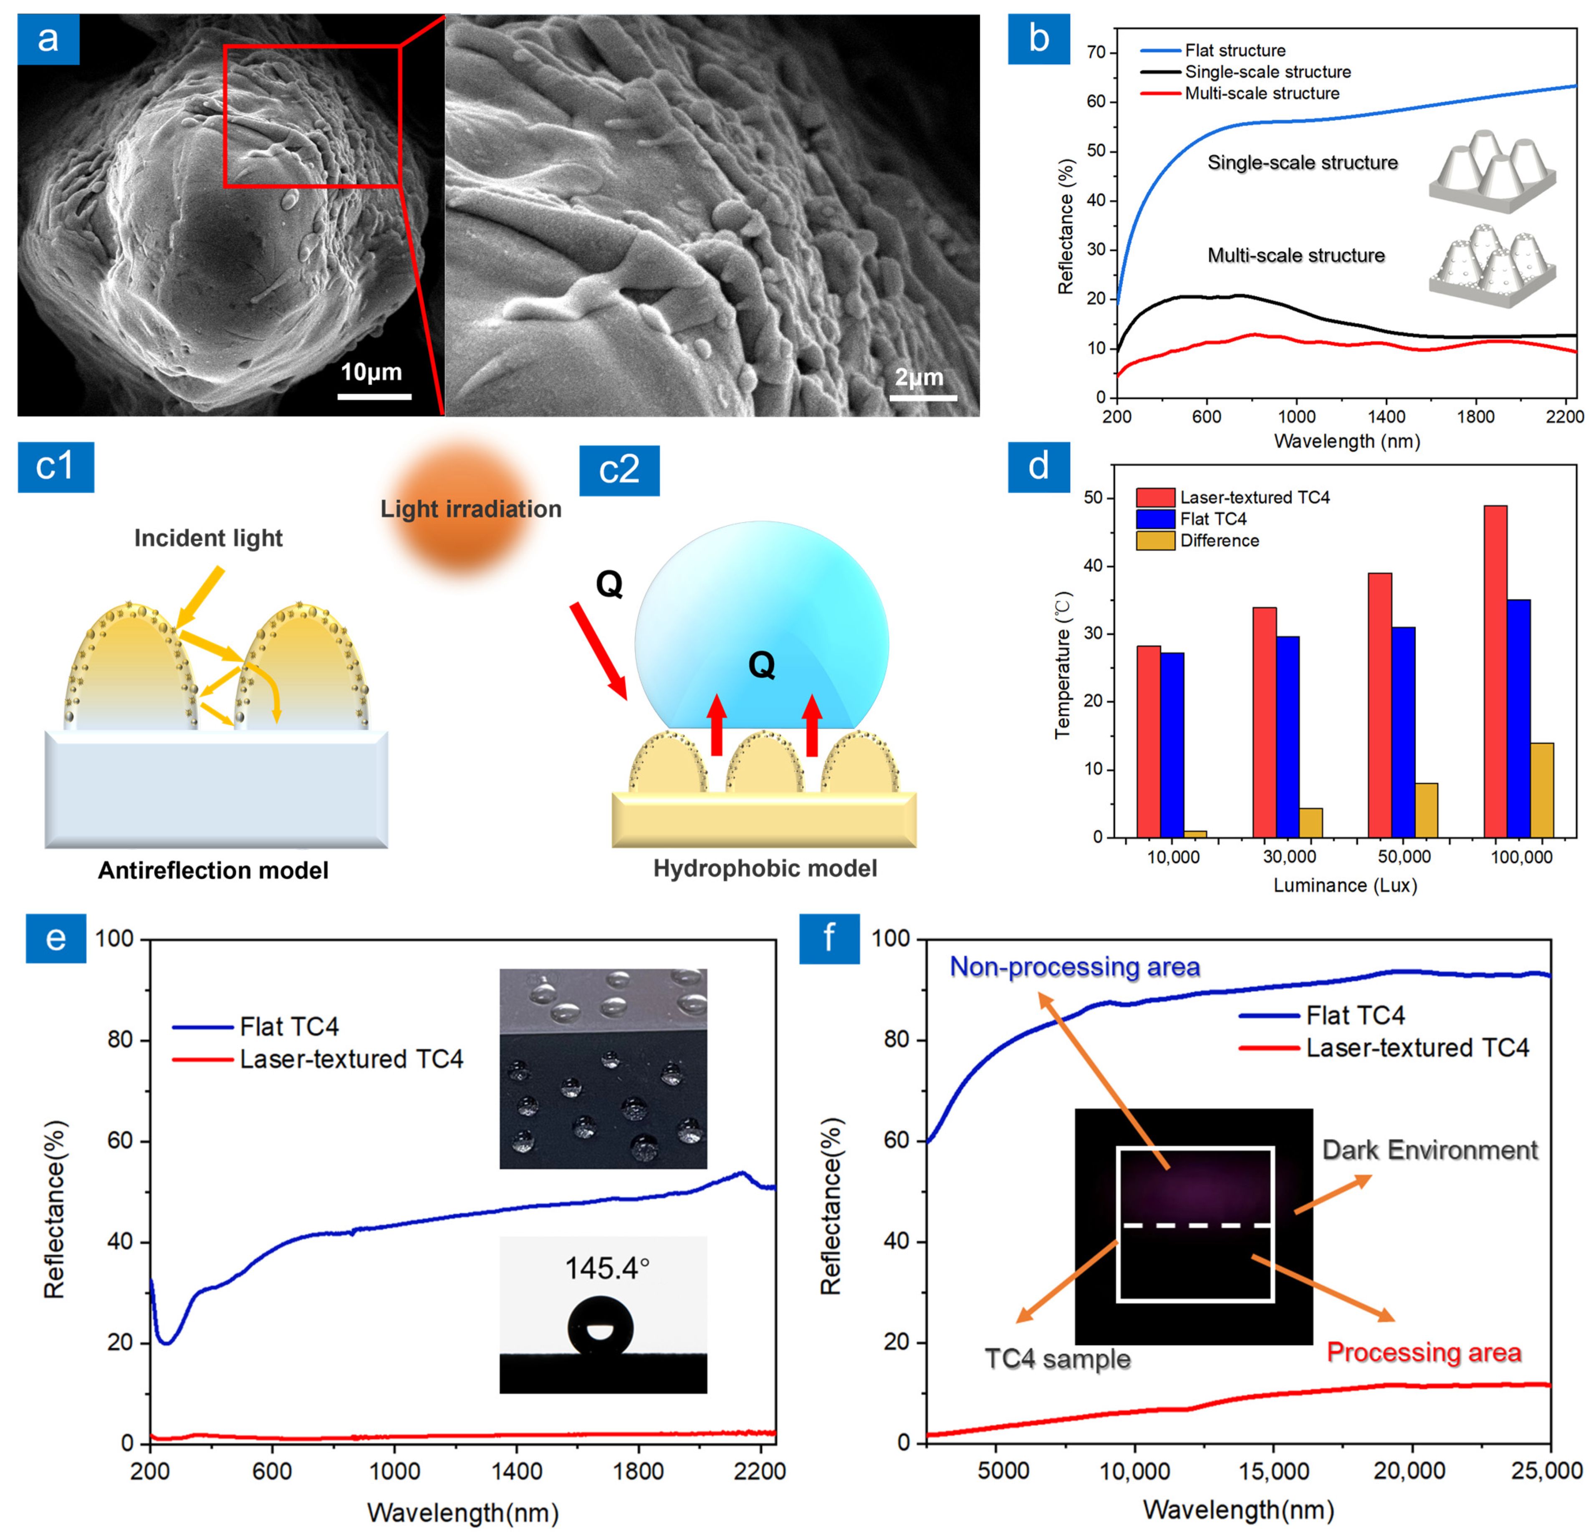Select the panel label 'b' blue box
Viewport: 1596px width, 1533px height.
point(1038,39)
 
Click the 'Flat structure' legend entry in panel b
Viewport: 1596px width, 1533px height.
point(1235,50)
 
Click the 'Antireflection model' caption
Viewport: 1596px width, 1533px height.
point(213,870)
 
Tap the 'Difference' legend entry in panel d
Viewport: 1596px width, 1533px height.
point(1219,541)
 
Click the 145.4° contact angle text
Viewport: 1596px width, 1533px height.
point(607,1268)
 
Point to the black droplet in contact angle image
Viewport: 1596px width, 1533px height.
point(600,1327)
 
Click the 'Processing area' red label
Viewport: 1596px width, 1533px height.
point(1423,1352)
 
